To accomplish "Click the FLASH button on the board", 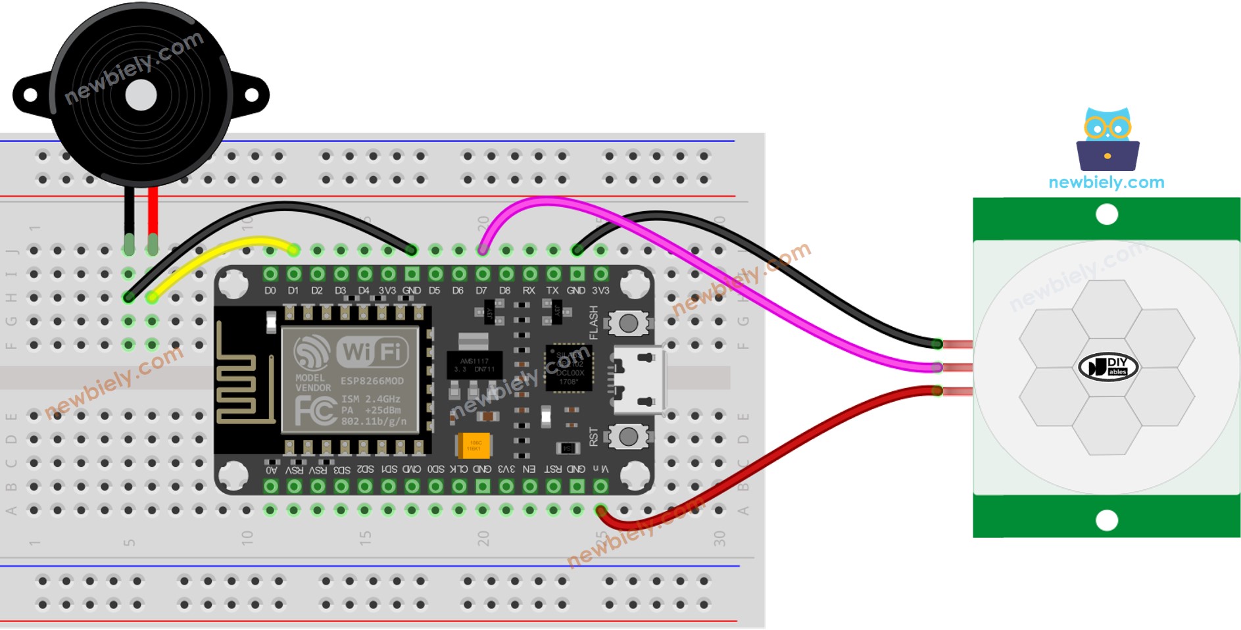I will pos(628,323).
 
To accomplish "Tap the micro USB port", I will pos(636,380).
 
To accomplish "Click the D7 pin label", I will pos(481,290).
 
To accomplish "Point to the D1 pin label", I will pos(293,290).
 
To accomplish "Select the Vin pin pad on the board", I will pos(600,486).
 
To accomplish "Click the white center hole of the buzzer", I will pos(141,96).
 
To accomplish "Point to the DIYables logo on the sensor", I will pos(1108,367).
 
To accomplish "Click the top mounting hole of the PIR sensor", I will pos(1107,214).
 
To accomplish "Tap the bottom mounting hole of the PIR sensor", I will pos(1107,521).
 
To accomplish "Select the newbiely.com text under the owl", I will pos(1106,182).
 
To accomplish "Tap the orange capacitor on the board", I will pos(473,445).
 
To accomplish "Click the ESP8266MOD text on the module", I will pos(372,381).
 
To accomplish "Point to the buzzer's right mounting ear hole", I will pos(251,95).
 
